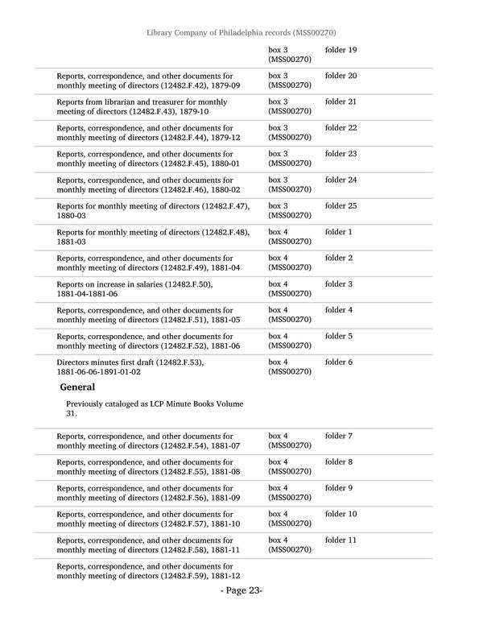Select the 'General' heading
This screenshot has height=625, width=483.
(77, 387)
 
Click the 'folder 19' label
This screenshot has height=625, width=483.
(341, 51)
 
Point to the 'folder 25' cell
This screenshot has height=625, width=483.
(341, 206)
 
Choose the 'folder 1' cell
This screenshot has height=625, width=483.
(338, 232)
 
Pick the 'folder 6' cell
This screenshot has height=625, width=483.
(338, 362)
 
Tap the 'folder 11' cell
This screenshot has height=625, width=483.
(341, 540)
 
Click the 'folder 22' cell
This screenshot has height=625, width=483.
(341, 128)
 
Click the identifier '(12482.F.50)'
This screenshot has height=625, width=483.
(188, 284)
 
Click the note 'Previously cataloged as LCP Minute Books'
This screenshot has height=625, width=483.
(145, 403)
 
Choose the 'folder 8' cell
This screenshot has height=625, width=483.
(338, 462)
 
